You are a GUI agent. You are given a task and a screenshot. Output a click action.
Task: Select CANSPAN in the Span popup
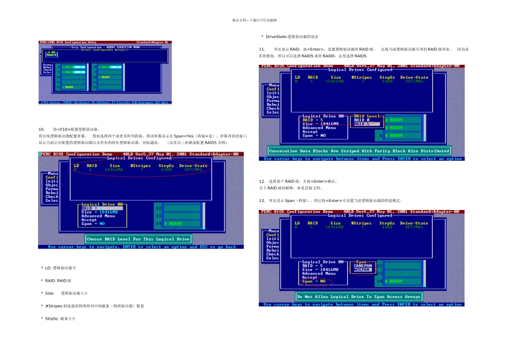pos(362,266)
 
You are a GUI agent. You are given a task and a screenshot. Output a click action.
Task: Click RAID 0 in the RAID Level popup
pos(362,120)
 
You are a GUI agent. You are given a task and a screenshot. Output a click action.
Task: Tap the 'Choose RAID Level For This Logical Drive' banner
pos(138,239)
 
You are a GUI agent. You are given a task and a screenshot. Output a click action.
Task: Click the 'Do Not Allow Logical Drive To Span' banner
pos(359,296)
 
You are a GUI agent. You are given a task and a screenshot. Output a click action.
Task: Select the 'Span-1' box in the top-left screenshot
pos(51,54)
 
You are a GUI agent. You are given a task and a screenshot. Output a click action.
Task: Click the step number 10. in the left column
pos(41,130)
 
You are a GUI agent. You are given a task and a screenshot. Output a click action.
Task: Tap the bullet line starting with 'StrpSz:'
pos(61,318)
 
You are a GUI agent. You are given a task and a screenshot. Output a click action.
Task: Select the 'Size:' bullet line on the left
pos(66,293)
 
